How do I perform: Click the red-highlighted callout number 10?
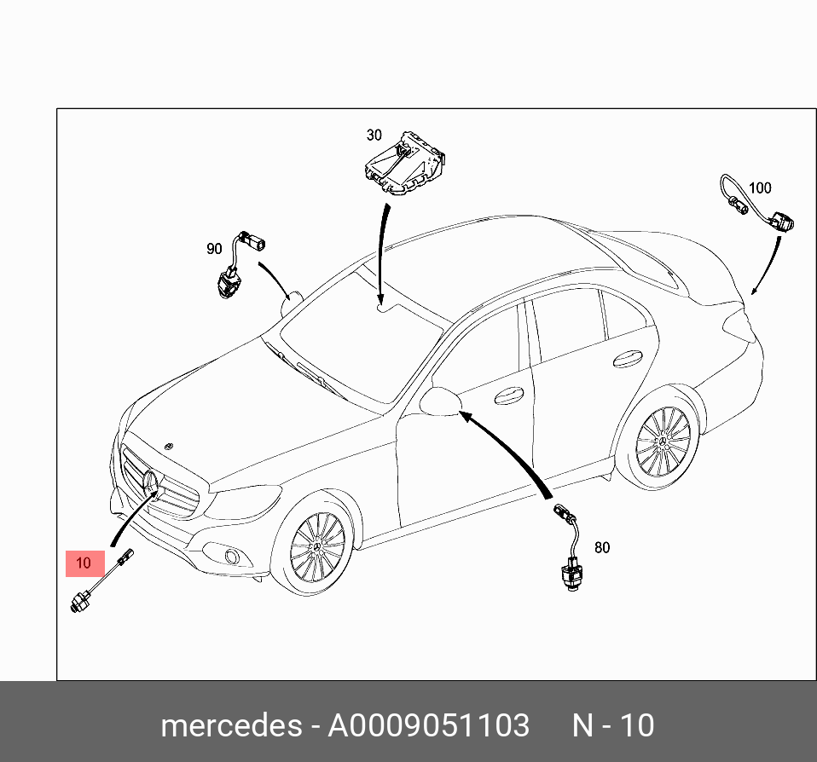tap(84, 563)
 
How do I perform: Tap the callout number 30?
tap(374, 135)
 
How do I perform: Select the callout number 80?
tap(602, 547)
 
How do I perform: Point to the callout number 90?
tap(214, 249)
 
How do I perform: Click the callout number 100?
tap(759, 188)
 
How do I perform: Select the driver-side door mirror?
tap(440, 401)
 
